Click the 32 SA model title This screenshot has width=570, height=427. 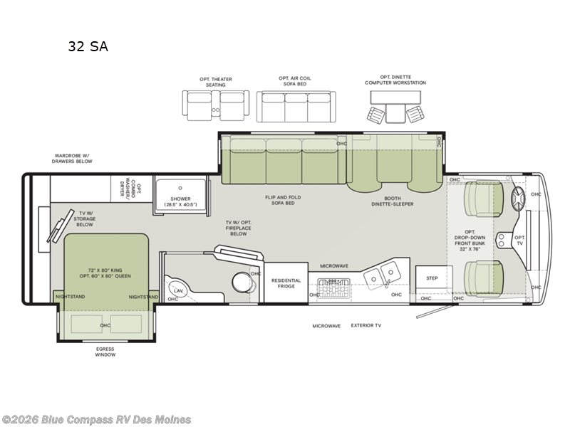[88, 46]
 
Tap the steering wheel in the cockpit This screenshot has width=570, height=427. [518, 199]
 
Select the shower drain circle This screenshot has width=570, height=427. [180, 188]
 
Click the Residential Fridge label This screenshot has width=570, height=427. [286, 283]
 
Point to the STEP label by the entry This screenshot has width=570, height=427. [432, 278]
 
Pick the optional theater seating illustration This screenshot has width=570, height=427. [216, 105]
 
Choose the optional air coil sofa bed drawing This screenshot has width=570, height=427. [296, 106]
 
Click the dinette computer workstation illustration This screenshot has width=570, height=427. [395, 107]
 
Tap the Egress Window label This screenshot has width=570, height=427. [105, 352]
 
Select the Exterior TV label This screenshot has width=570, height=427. [366, 325]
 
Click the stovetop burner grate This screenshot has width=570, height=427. [333, 288]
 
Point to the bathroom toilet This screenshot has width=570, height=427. [242, 282]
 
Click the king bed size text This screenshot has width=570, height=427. [105, 273]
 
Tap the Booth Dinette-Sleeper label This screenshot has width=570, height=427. [393, 201]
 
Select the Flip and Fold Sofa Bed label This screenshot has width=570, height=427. [283, 200]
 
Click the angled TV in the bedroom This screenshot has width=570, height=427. [60, 226]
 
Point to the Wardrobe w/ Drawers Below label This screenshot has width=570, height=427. [72, 158]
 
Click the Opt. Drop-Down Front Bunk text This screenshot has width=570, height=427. [470, 241]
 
